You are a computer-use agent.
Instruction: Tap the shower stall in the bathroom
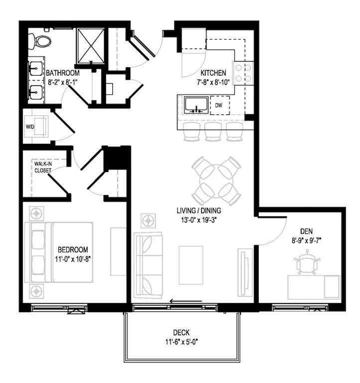[91, 45]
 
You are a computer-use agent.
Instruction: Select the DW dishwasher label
[219, 105]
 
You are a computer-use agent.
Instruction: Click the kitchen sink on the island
[196, 105]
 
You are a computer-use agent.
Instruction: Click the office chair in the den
[306, 264]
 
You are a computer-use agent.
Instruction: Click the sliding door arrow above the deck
[185, 301]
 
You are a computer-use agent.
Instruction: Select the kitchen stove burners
[244, 73]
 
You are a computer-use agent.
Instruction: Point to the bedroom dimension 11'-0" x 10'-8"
[73, 259]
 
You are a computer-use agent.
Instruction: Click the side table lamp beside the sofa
[148, 219]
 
